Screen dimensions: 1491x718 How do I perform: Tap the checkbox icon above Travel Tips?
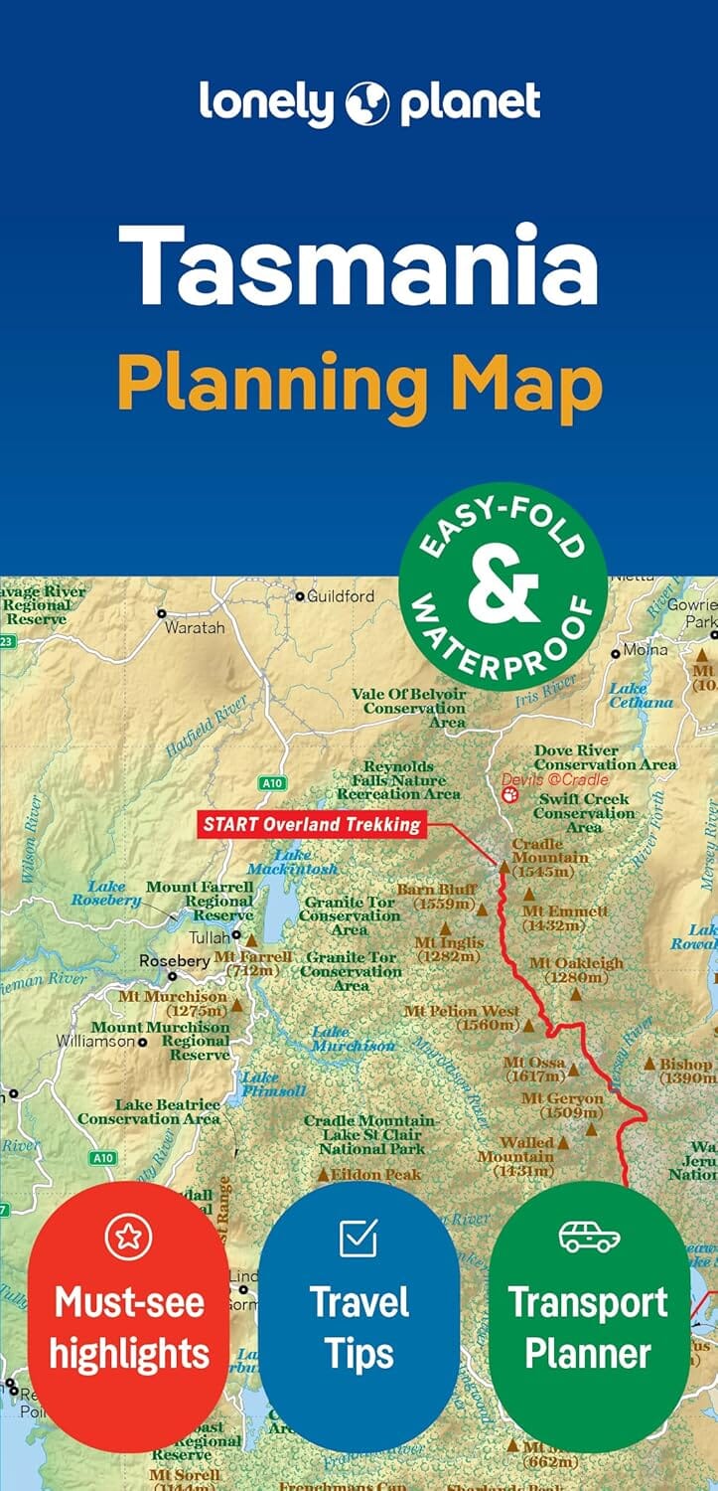[x=359, y=1238]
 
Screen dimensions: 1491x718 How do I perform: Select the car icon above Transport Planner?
[x=589, y=1237]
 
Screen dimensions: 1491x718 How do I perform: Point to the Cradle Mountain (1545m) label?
[x=550, y=858]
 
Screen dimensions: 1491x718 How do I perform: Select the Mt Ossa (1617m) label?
[x=534, y=1070]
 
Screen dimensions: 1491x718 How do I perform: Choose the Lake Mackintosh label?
[x=306, y=862]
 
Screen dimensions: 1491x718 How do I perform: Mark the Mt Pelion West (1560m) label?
[x=462, y=1018]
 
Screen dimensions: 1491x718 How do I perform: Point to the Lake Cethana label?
[x=641, y=695]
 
